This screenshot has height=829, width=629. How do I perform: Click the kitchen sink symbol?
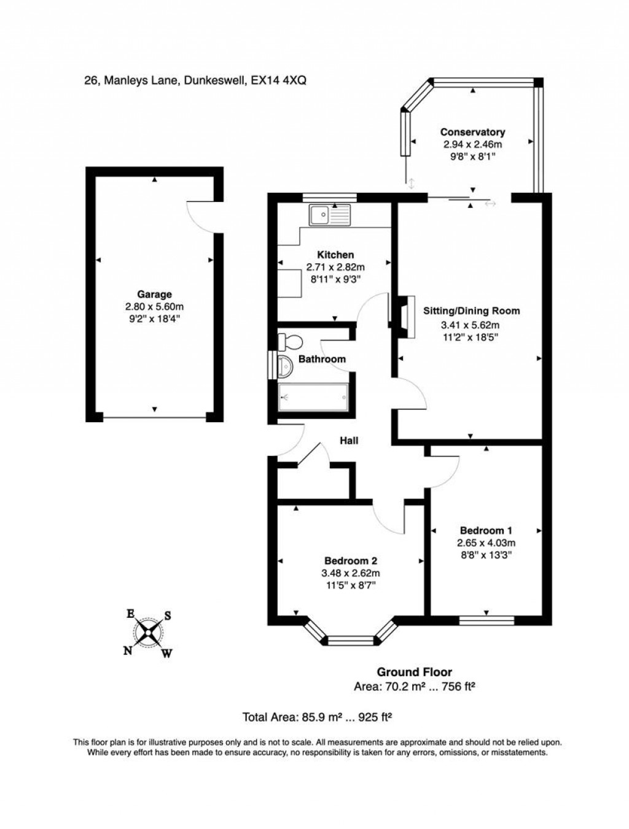[329, 215]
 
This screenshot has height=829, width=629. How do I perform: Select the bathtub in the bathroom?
[314, 397]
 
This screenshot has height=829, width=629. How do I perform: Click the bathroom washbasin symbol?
[286, 366]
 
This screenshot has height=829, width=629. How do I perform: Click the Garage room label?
[154, 295]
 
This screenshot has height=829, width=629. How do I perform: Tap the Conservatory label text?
[472, 132]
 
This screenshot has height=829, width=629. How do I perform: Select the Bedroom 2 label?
[350, 560]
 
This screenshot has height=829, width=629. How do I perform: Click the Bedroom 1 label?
[486, 530]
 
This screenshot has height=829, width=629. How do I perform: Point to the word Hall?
[349, 441]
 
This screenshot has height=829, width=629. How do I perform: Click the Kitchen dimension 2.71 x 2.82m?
[335, 267]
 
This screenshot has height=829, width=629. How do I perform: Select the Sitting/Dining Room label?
[471, 310]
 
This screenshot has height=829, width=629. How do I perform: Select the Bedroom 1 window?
[486, 620]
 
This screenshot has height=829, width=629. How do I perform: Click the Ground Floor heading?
[414, 673]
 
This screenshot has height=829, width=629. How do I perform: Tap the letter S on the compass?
[167, 616]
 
